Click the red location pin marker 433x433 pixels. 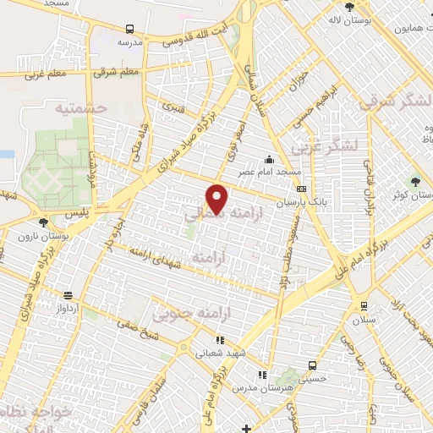tap(218, 198)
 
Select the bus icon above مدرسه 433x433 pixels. tap(129, 28)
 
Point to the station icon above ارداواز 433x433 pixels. tap(67, 297)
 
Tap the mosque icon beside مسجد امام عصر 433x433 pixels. tap(269, 159)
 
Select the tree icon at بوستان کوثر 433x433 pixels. tap(414, 180)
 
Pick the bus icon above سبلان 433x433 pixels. tap(364, 306)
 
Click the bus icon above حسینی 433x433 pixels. tap(313, 365)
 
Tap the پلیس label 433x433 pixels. tap(77, 216)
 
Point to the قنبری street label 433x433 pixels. tap(173, 107)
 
